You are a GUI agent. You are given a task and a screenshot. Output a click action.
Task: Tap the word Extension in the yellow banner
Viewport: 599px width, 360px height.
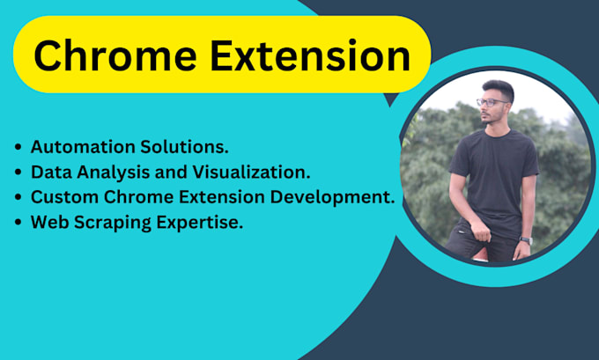coord(312,56)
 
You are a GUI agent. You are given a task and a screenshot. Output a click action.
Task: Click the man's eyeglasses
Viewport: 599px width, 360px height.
coord(492,103)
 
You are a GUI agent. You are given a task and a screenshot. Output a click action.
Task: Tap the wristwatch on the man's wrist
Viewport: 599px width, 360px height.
coord(525,239)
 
